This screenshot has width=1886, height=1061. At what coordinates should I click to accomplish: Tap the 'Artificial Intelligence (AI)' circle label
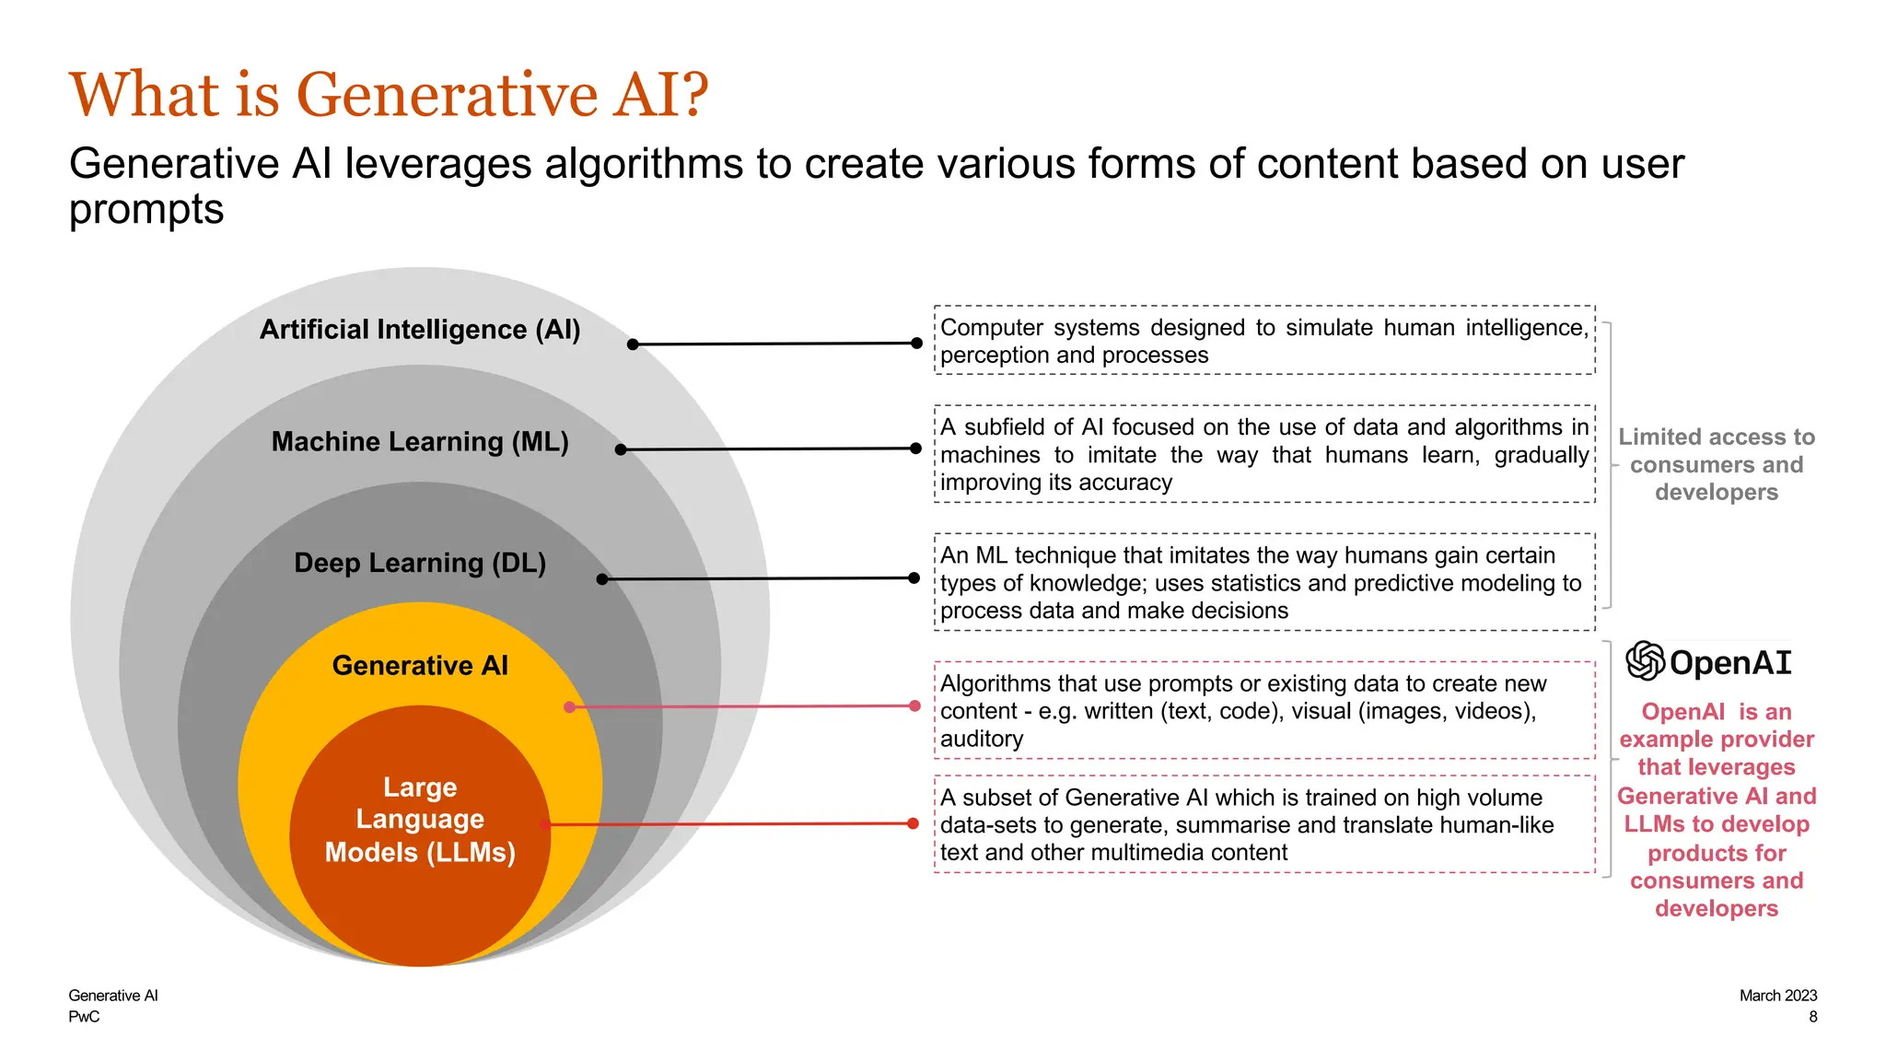coord(420,330)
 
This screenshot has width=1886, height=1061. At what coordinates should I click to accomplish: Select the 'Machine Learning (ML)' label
coord(420,442)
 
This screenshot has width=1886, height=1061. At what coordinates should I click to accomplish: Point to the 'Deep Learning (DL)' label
coord(420,563)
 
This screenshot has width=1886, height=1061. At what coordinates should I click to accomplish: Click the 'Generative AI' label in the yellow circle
coord(420,665)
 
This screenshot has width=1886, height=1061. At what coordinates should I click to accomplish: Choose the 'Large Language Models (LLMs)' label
coord(420,820)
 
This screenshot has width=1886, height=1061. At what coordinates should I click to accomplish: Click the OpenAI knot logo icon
coord(1645,661)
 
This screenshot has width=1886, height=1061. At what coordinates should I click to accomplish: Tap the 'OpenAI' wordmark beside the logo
coord(1730,663)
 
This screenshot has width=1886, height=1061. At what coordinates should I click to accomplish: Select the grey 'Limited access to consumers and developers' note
coord(1717,464)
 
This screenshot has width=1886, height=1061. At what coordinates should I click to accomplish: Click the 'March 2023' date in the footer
coord(1777,996)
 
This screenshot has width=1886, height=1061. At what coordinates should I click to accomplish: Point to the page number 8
coord(1812,1017)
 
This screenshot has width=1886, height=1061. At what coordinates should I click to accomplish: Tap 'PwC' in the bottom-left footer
coord(84,1017)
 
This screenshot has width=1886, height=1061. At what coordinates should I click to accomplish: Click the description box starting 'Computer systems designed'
coord(1264,341)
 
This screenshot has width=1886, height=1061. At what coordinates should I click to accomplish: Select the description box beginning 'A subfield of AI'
coord(1264,454)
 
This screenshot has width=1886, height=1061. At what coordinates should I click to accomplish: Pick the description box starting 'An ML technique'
coord(1264,582)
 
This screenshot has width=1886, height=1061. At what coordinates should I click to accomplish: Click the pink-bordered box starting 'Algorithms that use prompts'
coord(1264,710)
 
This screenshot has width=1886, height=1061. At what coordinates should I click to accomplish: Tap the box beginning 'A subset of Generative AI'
coord(1264,824)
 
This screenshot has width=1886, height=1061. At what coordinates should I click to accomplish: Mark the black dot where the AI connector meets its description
coord(916,343)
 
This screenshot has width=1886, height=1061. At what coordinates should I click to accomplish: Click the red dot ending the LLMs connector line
coord(913,823)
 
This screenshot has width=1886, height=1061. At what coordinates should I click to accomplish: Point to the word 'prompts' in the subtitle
coord(146,209)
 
